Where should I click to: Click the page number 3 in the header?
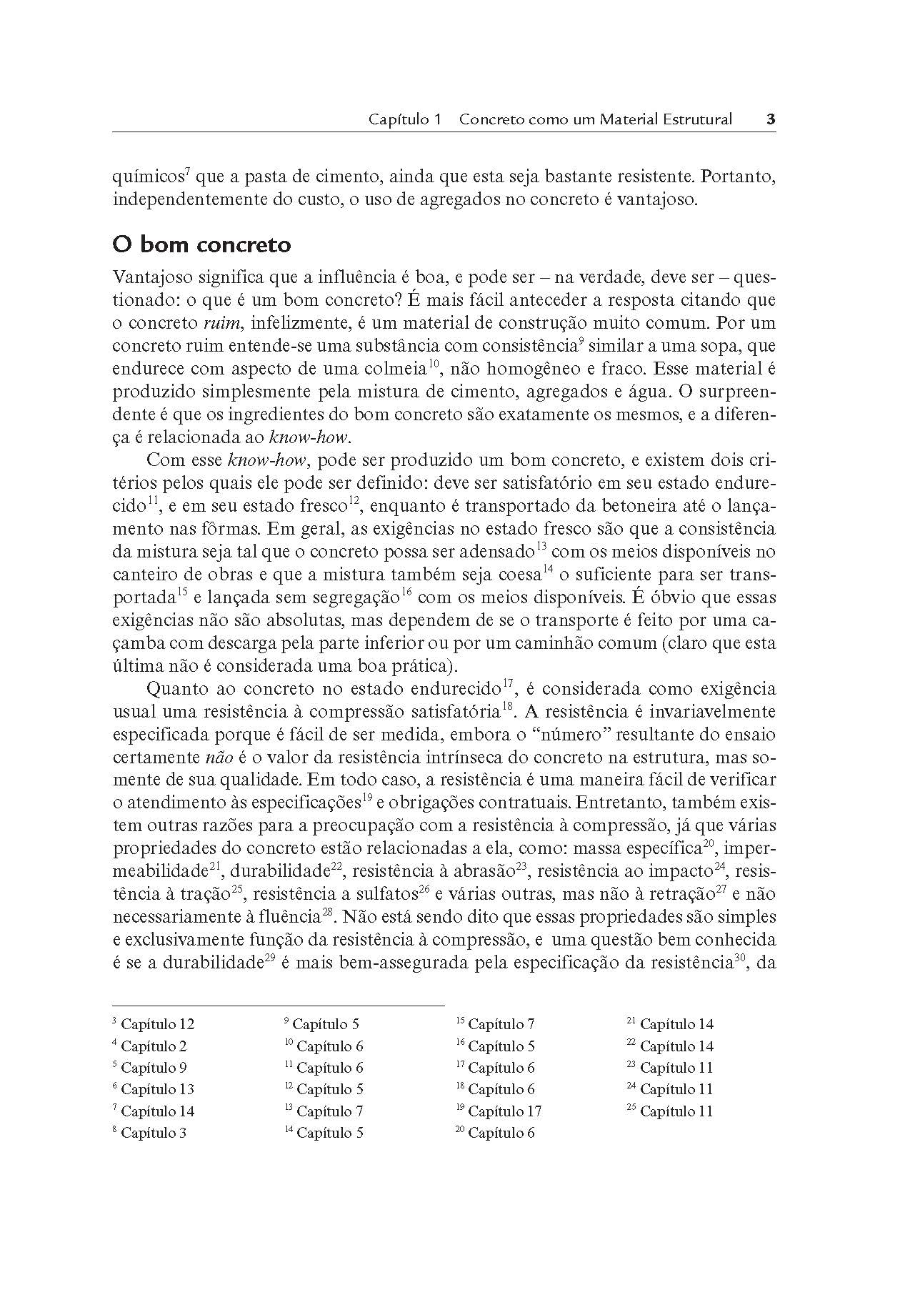[x=771, y=119]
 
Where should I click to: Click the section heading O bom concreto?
[x=202, y=244]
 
